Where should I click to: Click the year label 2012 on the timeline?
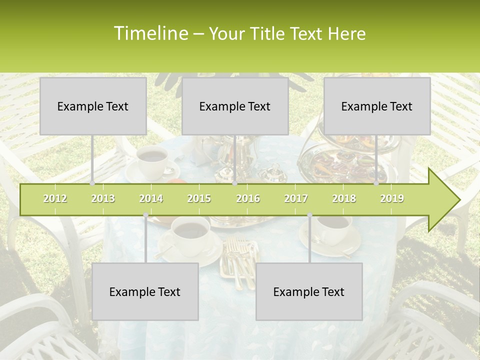[x=55, y=198]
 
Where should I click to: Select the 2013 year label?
[x=103, y=198]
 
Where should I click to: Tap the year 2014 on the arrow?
[x=151, y=198]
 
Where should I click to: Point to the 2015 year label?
[x=199, y=198]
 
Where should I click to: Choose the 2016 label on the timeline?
[x=248, y=198]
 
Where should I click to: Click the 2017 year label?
[x=296, y=198]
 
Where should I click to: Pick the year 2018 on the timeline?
[x=344, y=198]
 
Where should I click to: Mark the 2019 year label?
[x=392, y=198]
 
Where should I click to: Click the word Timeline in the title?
[x=149, y=33]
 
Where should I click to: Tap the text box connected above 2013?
[x=93, y=106]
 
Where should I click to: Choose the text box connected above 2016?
[x=235, y=106]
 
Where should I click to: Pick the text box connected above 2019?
[x=377, y=106]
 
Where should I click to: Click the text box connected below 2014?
[x=145, y=291]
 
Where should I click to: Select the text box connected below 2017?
[x=309, y=291]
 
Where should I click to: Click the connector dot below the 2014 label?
[x=145, y=215]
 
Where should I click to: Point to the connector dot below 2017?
[x=309, y=215]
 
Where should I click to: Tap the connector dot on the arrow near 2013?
[x=92, y=183]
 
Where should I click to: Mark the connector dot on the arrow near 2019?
[x=376, y=183]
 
